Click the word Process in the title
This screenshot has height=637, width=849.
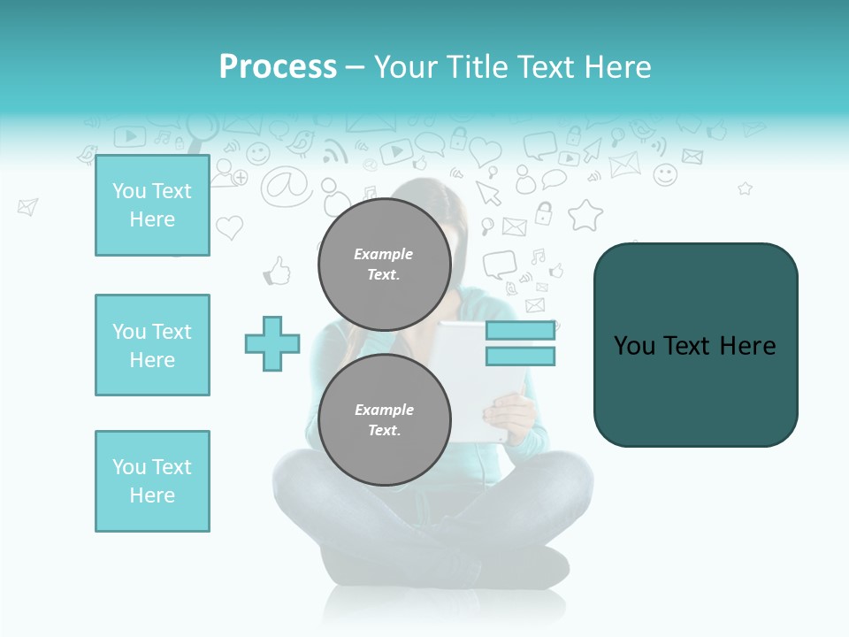pos(278,67)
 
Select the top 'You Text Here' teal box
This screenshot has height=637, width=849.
pos(152,205)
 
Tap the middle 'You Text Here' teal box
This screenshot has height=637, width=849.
pos(152,345)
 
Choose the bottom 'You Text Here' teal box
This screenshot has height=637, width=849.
pos(152,481)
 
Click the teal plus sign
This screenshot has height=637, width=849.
pos(272,343)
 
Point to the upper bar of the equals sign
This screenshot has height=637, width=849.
pos(520,331)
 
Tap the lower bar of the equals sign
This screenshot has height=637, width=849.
pos(520,357)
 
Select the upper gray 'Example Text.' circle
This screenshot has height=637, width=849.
pos(384,264)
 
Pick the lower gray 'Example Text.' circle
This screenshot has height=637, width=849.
pos(384,419)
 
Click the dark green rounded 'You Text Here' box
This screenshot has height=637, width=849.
pos(695,345)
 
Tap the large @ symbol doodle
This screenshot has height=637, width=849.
pos(286,185)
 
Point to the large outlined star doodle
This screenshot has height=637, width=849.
pos(585,215)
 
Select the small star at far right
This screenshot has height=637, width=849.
pos(745,188)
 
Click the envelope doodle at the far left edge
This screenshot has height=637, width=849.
pos(27,207)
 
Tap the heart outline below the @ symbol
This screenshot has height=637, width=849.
pos(229,228)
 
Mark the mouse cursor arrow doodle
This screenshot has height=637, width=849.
pos(488,192)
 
